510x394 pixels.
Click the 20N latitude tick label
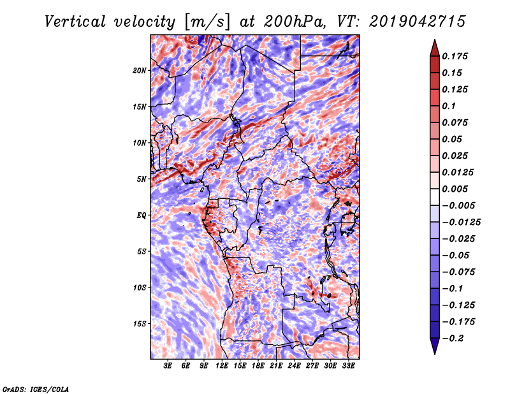(139, 70)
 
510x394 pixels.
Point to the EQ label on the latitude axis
(142, 215)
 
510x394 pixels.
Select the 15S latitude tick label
(139, 324)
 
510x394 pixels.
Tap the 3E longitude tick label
(168, 365)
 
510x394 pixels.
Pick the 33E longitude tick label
(348, 365)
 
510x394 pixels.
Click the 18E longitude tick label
(258, 365)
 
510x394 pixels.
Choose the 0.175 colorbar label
(455, 56)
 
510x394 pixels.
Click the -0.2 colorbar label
(452, 339)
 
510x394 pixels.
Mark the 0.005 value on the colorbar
(455, 189)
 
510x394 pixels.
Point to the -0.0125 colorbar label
(461, 223)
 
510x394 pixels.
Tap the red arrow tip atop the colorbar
(435, 40)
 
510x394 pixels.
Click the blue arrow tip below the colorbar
(435, 354)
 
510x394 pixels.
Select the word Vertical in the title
(75, 22)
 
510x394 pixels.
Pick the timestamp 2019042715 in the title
(418, 22)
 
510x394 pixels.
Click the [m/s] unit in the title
(207, 22)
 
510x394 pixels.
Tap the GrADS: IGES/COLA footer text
(36, 389)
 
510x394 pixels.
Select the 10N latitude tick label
(139, 143)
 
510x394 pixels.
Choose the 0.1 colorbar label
(449, 106)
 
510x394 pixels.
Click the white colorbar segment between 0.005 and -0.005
(435, 197)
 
